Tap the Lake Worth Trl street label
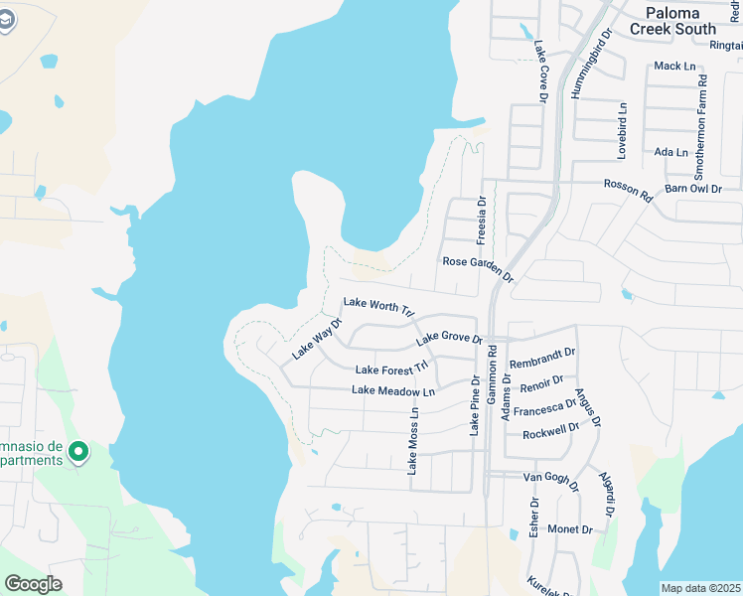pyautogui.click(x=377, y=305)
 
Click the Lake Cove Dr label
pyautogui.click(x=541, y=71)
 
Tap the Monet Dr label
pyautogui.click(x=570, y=529)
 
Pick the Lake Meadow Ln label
pyautogui.click(x=393, y=391)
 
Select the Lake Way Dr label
pyautogui.click(x=316, y=339)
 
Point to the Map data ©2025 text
pyautogui.click(x=699, y=588)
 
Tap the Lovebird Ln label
pyautogui.click(x=623, y=130)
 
